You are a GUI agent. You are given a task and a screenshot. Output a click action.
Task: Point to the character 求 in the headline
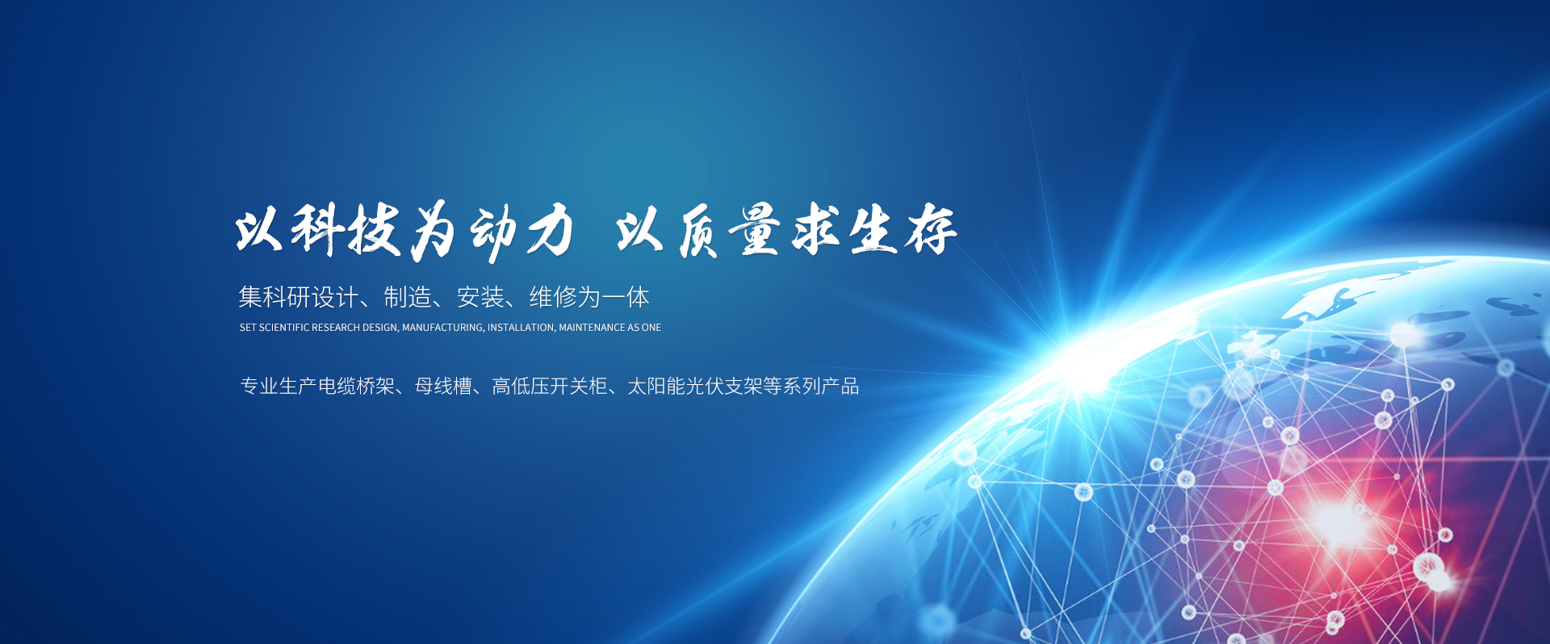[x=815, y=230]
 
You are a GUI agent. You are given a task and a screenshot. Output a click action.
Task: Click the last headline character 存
[x=931, y=230]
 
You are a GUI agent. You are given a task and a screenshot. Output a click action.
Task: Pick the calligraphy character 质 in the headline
[x=699, y=232]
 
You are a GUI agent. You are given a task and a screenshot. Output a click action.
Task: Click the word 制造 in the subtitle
[x=408, y=297]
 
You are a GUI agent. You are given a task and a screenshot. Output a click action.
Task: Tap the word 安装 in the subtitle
[x=480, y=297]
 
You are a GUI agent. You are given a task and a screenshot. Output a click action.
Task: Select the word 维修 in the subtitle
[x=553, y=297]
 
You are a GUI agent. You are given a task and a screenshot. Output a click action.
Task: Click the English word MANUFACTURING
[x=444, y=328]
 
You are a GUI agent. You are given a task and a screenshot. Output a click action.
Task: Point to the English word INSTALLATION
[x=521, y=328]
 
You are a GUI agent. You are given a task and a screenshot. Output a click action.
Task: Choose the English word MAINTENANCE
[x=592, y=328]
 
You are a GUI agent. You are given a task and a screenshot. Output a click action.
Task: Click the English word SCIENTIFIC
[x=284, y=328]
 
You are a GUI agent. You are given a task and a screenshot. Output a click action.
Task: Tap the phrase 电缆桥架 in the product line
[x=356, y=387]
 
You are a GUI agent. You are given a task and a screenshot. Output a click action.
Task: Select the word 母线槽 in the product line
[x=443, y=387]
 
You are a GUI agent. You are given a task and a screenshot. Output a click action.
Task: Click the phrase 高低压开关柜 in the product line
[x=550, y=387]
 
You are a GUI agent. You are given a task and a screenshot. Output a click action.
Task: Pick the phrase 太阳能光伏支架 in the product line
[x=695, y=387]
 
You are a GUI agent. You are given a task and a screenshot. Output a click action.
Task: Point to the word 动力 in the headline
[x=522, y=232]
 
